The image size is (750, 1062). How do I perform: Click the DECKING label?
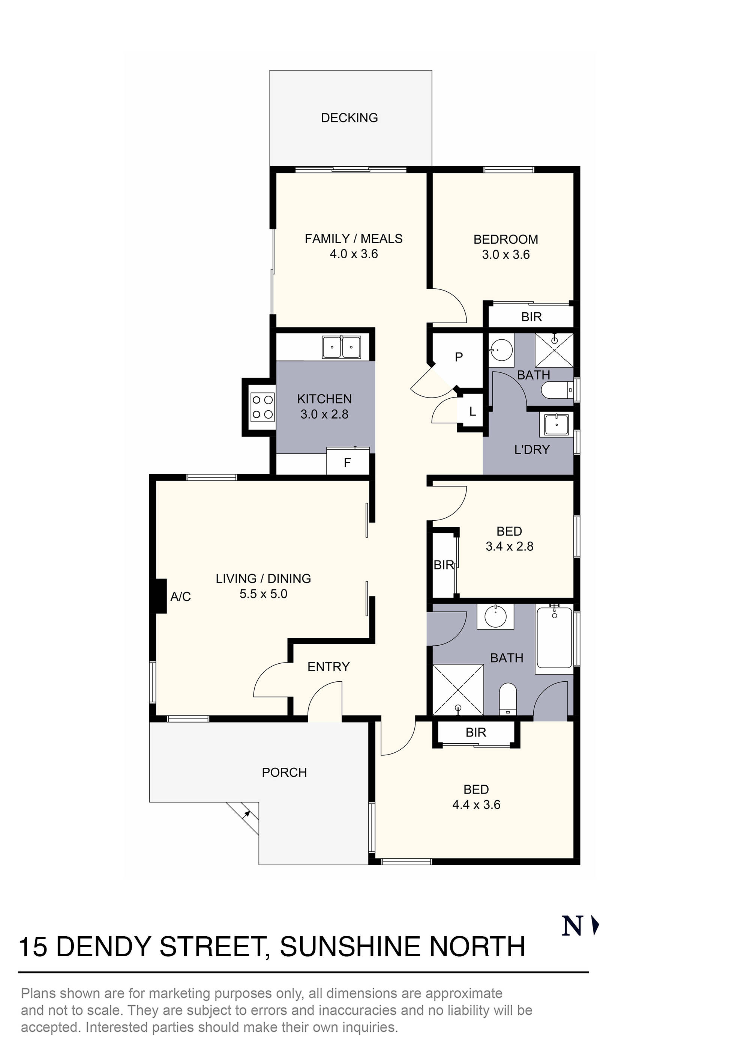tap(349, 117)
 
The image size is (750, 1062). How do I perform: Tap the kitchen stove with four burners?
tap(262, 407)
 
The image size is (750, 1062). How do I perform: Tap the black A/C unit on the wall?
tap(160, 596)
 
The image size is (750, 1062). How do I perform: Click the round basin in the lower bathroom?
tap(495, 616)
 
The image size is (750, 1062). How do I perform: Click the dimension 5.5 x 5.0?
tap(263, 594)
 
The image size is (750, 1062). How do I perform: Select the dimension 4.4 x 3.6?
tap(476, 804)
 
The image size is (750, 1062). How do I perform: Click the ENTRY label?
tap(328, 667)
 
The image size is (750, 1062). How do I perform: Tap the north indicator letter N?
tap(571, 926)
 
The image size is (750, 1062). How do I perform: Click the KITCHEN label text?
tap(324, 399)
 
